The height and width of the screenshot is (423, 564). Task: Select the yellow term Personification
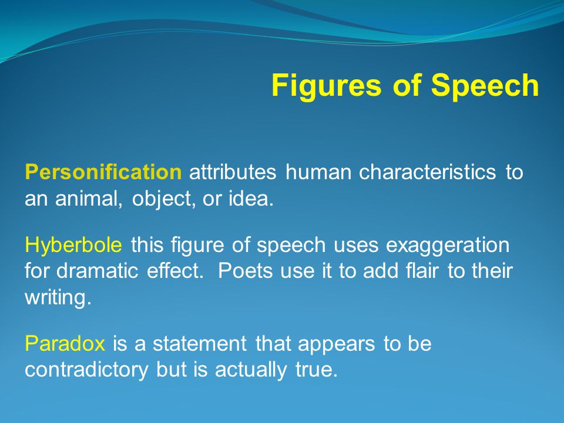tap(103, 173)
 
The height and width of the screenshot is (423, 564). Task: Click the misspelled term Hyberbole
tap(73, 246)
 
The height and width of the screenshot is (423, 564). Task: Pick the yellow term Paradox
tap(65, 344)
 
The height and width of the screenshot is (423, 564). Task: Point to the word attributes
tap(233, 172)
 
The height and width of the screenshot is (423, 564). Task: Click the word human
tap(318, 172)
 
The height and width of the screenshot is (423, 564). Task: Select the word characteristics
tap(428, 172)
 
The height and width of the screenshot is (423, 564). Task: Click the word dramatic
tap(97, 271)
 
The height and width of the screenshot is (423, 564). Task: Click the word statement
tap(200, 344)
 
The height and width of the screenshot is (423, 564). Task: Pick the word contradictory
tap(86, 370)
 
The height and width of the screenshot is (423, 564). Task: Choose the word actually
tap(251, 370)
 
